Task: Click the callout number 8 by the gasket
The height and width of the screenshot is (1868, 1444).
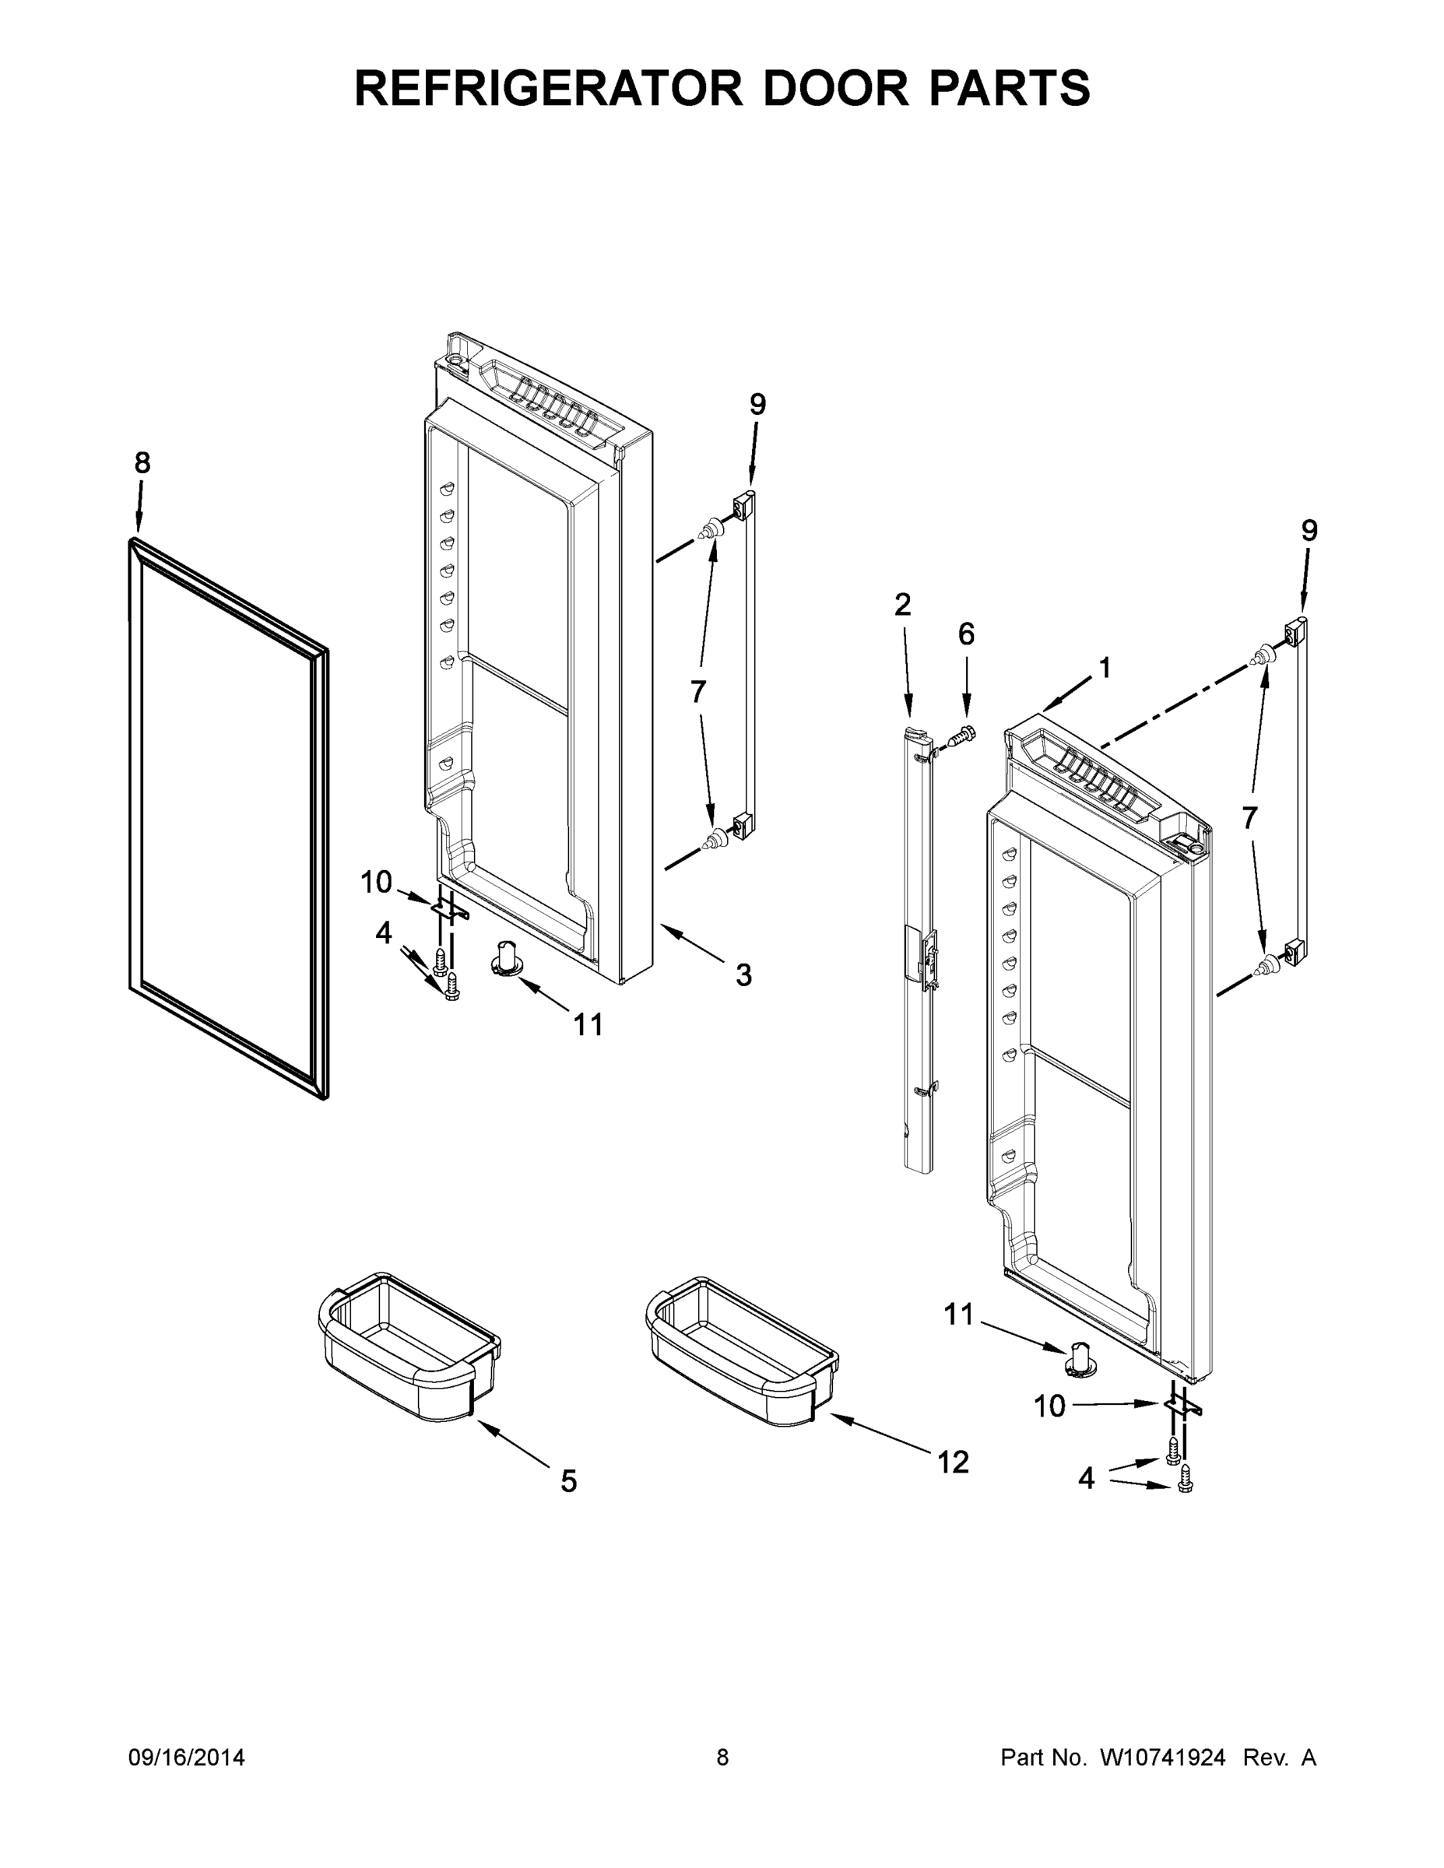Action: click(x=142, y=463)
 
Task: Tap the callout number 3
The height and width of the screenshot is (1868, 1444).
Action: click(x=743, y=974)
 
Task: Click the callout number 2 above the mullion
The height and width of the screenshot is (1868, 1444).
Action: click(x=902, y=605)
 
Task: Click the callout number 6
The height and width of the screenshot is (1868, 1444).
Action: click(x=966, y=634)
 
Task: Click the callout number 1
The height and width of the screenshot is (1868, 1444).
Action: click(x=1105, y=667)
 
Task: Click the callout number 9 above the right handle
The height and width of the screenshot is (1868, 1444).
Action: click(x=1309, y=530)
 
